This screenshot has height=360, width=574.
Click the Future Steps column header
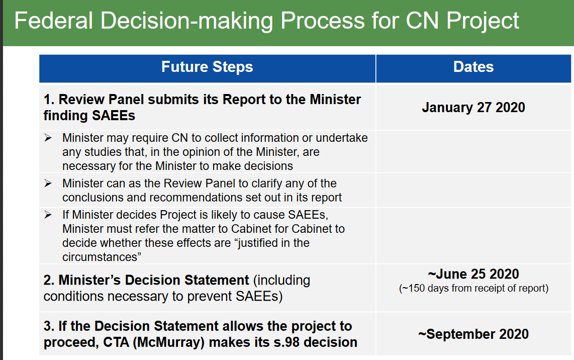click(x=207, y=67)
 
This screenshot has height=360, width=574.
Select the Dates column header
click(x=473, y=67)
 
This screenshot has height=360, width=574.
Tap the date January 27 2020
click(x=473, y=107)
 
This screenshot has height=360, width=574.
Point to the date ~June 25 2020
click(x=473, y=274)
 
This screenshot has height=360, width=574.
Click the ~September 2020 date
click(x=473, y=334)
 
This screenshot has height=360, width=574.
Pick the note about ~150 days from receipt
click(x=473, y=288)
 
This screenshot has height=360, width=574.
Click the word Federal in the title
click(x=53, y=21)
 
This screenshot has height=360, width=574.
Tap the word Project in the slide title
click(x=483, y=21)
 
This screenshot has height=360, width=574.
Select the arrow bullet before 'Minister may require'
click(x=48, y=138)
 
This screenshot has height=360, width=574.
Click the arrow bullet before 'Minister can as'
click(x=48, y=183)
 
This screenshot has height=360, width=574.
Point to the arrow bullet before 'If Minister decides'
click(x=48, y=215)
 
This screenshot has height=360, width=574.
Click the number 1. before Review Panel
click(x=49, y=100)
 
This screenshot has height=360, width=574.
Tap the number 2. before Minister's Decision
click(x=49, y=280)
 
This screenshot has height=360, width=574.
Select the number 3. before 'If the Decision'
click(x=49, y=326)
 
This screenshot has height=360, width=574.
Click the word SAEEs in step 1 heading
click(x=113, y=116)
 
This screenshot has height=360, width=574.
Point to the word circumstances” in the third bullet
click(x=102, y=257)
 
